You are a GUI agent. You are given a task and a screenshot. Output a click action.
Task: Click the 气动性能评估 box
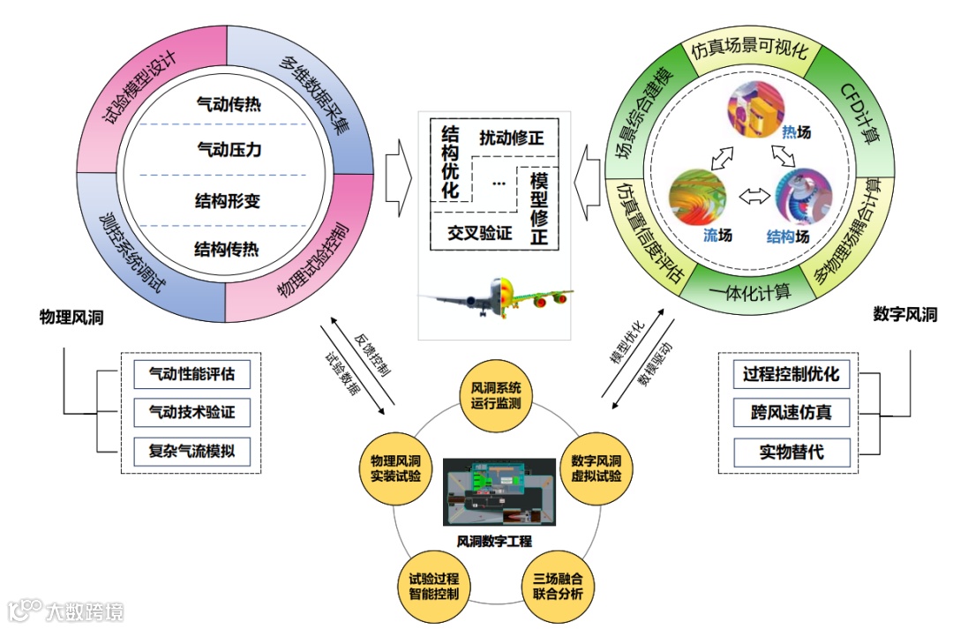coord(191,374)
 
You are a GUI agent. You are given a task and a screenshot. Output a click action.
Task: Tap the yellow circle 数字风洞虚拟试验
coord(597,468)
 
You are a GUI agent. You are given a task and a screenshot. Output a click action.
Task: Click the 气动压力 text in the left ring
coord(229,150)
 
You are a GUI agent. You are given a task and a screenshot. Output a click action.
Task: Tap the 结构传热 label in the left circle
coord(227,250)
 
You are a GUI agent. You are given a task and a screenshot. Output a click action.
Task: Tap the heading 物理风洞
coord(71,317)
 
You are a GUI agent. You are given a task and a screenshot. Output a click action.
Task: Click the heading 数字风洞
coord(905,314)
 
